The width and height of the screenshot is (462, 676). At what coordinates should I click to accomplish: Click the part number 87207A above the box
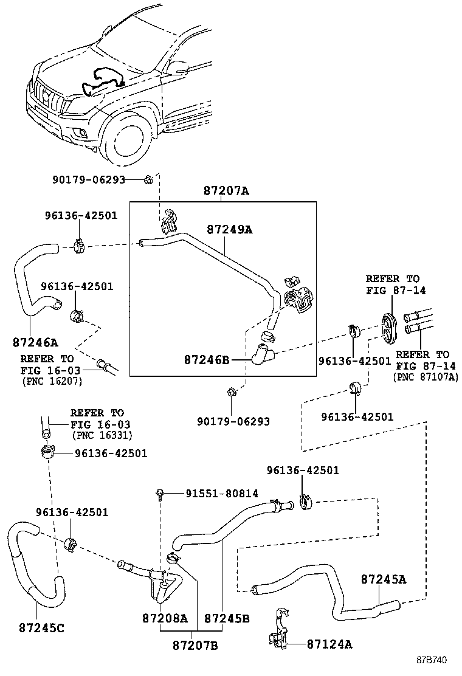click(226, 191)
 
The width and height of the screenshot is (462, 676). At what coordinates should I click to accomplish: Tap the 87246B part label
click(207, 360)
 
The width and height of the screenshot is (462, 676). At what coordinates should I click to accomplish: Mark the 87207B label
click(195, 644)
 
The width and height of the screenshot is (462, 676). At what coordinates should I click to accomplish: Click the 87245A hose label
click(383, 579)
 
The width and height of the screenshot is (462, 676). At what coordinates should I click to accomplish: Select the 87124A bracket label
click(329, 644)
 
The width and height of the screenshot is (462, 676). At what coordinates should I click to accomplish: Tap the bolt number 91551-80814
click(213, 494)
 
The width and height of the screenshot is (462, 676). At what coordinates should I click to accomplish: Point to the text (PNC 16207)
click(51, 381)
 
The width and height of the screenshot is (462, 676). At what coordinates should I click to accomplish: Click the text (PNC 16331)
click(102, 435)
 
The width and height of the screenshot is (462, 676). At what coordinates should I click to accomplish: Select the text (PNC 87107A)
click(426, 377)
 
